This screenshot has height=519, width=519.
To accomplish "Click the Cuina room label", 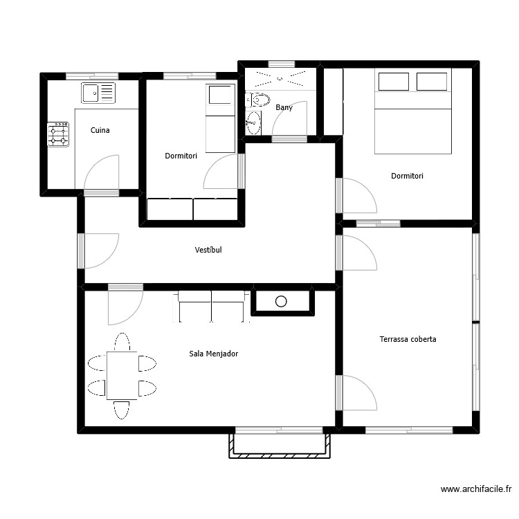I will pyautogui.click(x=100, y=130).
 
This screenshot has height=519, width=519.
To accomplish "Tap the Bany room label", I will pyautogui.click(x=284, y=107).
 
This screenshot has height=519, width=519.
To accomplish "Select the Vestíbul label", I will pyautogui.click(x=208, y=250).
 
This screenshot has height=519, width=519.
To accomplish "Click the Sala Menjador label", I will pyautogui.click(x=213, y=354).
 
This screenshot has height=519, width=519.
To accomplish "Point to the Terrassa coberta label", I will pyautogui.click(x=408, y=339).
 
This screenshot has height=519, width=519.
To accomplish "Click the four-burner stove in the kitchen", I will pyautogui.click(x=58, y=134).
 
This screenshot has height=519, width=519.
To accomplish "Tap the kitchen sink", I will pyautogui.click(x=98, y=92).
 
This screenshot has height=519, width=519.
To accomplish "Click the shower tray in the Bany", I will pyautogui.click(x=280, y=78).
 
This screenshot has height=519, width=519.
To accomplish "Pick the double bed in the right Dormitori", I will pyautogui.click(x=412, y=111).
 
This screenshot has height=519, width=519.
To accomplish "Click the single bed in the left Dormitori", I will pyautogui.click(x=220, y=118).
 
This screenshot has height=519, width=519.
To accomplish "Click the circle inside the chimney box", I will pyautogui.click(x=281, y=301).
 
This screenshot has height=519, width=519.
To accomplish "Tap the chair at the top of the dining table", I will pyautogui.click(x=122, y=342).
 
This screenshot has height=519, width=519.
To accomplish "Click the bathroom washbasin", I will pyautogui.click(x=253, y=123).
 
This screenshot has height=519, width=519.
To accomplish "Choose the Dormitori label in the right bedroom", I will pyautogui.click(x=407, y=176).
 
